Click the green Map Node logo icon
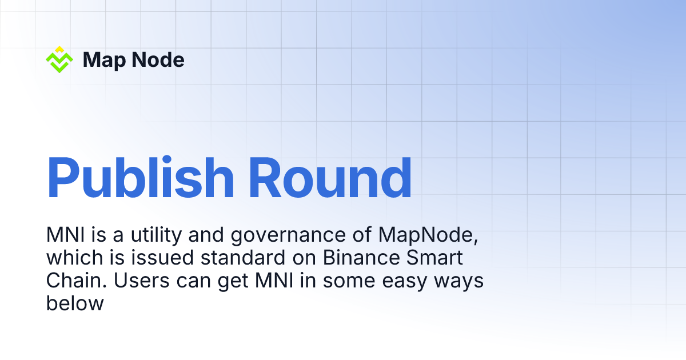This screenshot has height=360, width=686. pyautogui.click(x=59, y=61)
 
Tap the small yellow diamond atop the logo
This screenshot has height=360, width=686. pyautogui.click(x=59, y=49)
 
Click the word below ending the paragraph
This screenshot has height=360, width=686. pyautogui.click(x=74, y=303)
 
